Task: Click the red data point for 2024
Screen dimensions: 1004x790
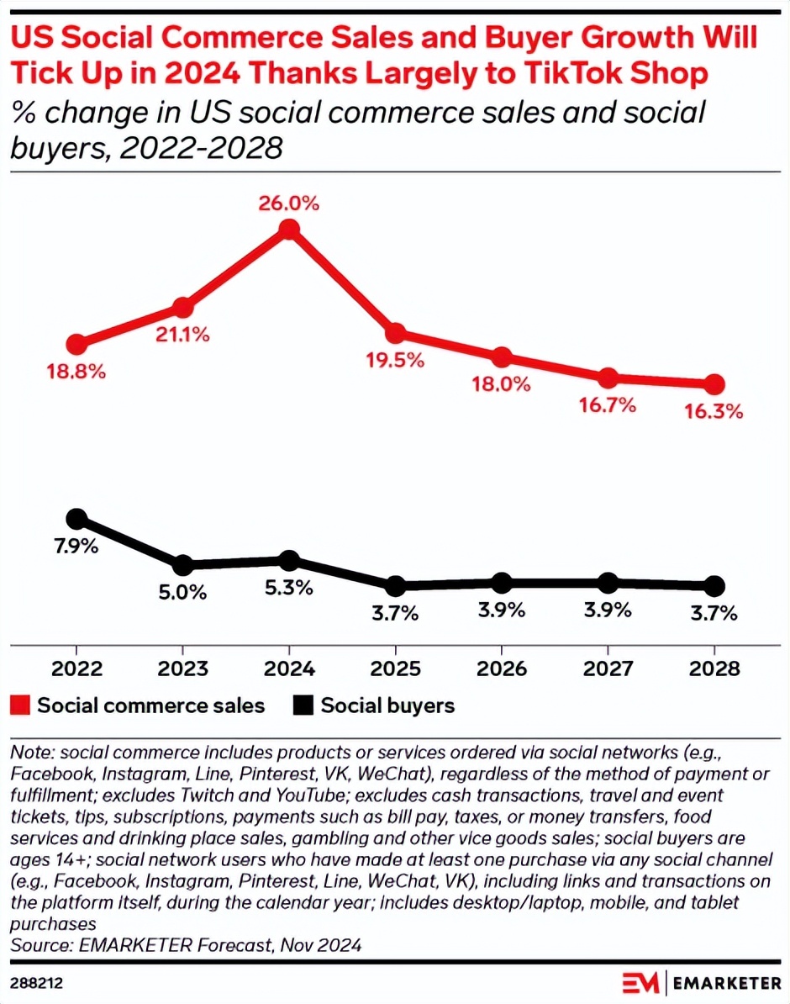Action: [x=289, y=230]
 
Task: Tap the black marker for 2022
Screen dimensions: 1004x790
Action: [x=76, y=519]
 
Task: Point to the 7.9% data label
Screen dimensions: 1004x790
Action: [x=76, y=547]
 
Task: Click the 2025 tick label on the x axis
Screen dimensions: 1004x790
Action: [x=395, y=669]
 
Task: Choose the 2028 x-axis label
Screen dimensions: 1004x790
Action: [x=714, y=669]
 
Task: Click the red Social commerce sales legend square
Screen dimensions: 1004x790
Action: [x=20, y=705]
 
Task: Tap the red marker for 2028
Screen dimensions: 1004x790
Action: [x=714, y=384]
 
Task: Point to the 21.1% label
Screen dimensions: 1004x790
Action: [x=182, y=334]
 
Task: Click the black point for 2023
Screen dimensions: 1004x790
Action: [x=182, y=564]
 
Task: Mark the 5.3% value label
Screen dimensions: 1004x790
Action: [x=289, y=588]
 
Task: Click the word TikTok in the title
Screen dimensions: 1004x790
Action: [x=580, y=74]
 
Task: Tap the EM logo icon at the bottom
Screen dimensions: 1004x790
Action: [x=641, y=982]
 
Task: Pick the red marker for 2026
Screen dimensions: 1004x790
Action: [x=502, y=357]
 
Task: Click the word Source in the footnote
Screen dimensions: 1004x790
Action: [x=38, y=945]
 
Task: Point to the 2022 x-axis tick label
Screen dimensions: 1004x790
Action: [x=76, y=669]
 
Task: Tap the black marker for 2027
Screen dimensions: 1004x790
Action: [x=608, y=583]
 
